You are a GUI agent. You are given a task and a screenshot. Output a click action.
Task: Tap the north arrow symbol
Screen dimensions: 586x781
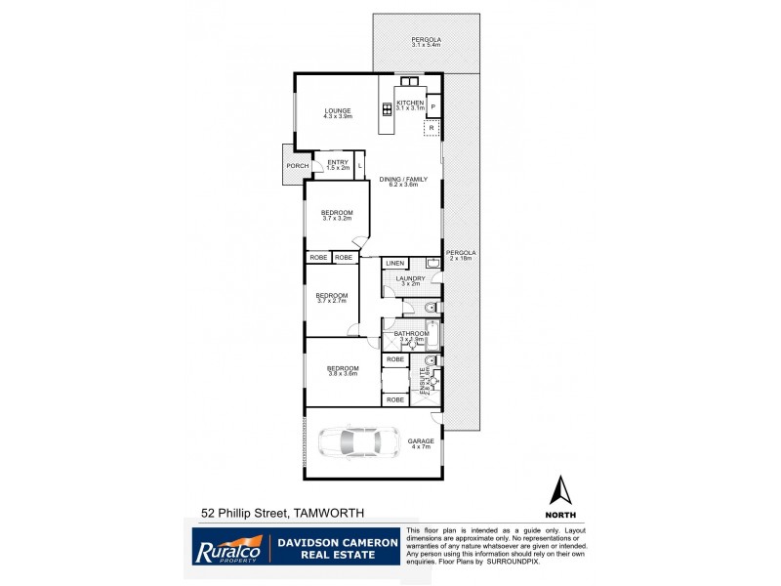point(560,492)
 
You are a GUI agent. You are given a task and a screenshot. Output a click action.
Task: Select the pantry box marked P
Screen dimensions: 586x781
point(432,106)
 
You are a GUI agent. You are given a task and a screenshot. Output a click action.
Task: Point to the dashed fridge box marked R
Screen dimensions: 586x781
point(432,127)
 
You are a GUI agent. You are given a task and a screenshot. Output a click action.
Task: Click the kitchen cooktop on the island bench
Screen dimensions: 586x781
point(388,108)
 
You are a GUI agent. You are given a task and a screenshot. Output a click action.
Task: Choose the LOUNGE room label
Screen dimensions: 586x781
point(338,112)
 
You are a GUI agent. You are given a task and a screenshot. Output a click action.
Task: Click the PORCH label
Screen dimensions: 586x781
point(297,166)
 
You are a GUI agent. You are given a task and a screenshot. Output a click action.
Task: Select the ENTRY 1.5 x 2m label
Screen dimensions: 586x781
point(338,165)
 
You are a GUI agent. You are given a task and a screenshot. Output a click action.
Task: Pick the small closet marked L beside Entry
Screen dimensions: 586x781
point(359,166)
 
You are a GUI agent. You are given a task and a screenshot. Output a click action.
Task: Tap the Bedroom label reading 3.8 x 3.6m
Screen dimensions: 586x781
point(343,371)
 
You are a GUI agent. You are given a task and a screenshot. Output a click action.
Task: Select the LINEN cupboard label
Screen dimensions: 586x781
point(394,264)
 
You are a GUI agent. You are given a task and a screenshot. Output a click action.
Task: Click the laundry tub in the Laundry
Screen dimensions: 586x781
point(433,263)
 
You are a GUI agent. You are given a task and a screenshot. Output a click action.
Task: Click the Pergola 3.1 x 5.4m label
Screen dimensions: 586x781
point(426,42)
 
